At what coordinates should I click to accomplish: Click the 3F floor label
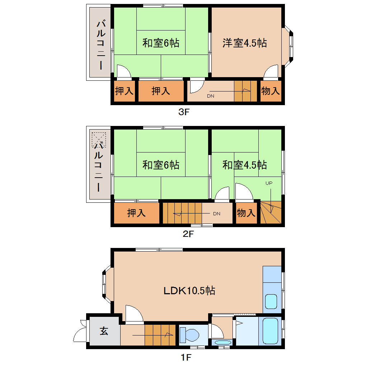[x=184, y=112]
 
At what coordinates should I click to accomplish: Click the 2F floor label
[x=188, y=234]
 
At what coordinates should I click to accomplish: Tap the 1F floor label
[x=186, y=357]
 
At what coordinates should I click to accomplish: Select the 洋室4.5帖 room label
[x=245, y=43]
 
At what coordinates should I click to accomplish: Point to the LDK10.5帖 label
[x=189, y=290]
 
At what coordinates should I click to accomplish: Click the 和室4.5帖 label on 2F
[x=245, y=165]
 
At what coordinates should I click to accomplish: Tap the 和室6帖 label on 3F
[x=161, y=43]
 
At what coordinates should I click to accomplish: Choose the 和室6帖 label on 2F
[x=161, y=165]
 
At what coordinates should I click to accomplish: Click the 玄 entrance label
[x=104, y=331]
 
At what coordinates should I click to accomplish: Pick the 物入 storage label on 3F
[x=270, y=91]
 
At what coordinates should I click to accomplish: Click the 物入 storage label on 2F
[x=246, y=213]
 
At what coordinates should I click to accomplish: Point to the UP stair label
[x=269, y=183]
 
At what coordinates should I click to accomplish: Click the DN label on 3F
[x=211, y=96]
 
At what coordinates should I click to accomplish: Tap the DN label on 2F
[x=216, y=213]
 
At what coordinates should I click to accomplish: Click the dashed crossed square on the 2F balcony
[x=99, y=139]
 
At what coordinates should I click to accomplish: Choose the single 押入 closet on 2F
[x=136, y=213]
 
